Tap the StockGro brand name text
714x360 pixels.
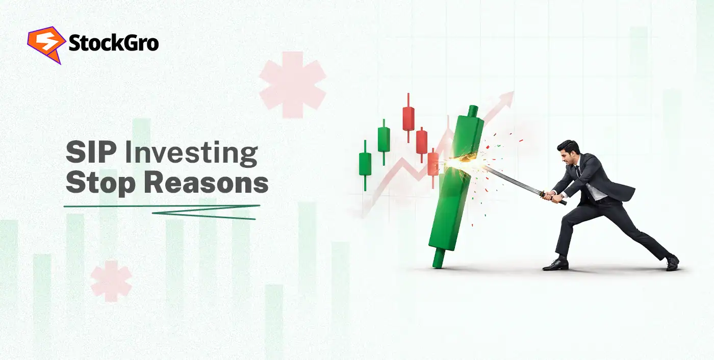coord(113,43)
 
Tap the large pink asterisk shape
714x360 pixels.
coord(292,84)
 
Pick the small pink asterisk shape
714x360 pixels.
coord(111,280)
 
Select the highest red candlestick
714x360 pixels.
coord(408,118)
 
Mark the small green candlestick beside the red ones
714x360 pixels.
coord(384,139)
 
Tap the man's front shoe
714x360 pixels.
coord(555,265)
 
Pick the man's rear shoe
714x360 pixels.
coord(672,262)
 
